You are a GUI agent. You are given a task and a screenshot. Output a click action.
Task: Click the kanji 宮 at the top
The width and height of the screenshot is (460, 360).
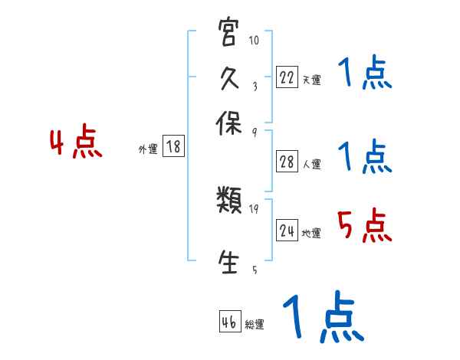click(228, 34)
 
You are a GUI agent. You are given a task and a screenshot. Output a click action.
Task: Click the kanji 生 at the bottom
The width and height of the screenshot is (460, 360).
click(228, 260)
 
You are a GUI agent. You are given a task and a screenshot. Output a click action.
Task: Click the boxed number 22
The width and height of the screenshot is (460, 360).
click(287, 77)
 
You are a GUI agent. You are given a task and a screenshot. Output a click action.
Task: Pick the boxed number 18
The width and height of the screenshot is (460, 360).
click(174, 147)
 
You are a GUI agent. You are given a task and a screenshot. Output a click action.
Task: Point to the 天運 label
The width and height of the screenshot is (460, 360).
click(311, 80)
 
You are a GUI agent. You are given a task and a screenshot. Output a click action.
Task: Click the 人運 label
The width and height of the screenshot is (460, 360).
click(311, 164)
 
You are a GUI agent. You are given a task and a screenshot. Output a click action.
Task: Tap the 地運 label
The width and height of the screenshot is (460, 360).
click(311, 233)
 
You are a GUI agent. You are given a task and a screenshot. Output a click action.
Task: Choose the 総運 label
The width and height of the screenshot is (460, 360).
click(255, 325)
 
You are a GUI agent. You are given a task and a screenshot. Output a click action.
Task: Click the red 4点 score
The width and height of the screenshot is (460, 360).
click(76, 143)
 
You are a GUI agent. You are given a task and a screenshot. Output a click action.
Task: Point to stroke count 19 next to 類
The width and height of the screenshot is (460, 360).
click(255, 208)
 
